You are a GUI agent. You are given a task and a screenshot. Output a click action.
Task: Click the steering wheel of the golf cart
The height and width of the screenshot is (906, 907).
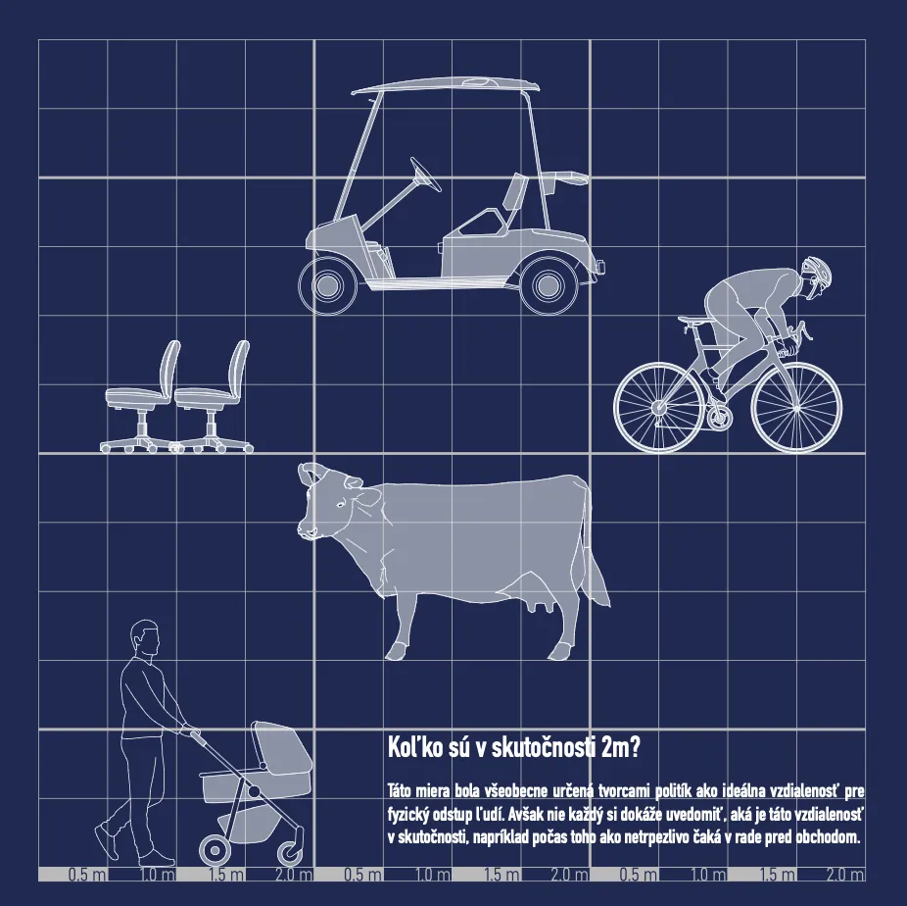tap(426, 174)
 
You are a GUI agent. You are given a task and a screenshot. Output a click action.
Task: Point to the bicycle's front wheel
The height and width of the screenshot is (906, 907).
tap(796, 408)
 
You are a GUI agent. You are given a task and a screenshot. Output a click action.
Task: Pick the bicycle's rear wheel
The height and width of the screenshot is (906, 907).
tap(659, 408)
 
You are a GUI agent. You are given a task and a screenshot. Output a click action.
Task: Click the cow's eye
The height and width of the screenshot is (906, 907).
tap(341, 505)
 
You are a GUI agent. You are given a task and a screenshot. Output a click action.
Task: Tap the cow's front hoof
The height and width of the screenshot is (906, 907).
tap(396, 652)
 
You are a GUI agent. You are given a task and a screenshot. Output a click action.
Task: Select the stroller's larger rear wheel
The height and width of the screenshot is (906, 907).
tap(215, 850)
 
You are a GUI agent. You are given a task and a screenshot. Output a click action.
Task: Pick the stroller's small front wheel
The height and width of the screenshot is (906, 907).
tap(290, 853)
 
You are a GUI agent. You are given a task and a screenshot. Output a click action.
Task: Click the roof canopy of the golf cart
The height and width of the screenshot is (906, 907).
tap(446, 84)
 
